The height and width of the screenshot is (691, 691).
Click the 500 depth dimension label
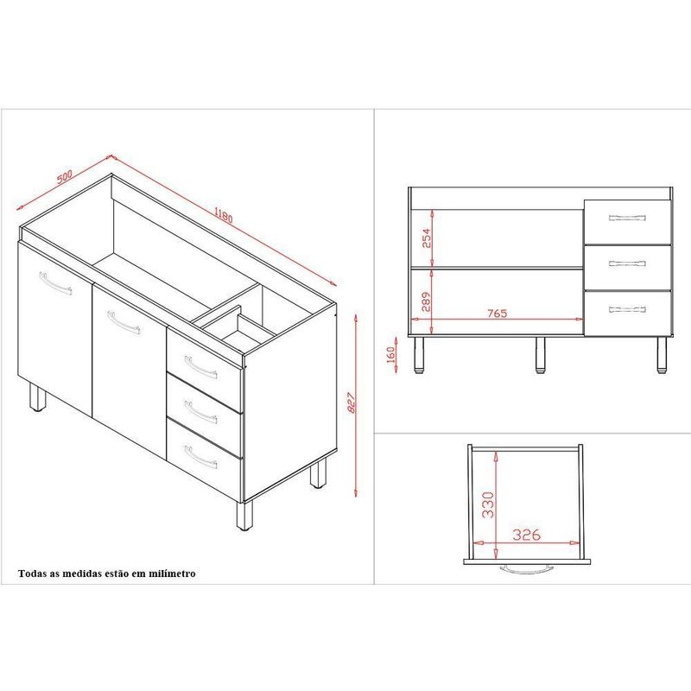(64, 176)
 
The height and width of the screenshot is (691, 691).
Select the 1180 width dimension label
(224, 214)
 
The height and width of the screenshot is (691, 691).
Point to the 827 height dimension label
(352, 403)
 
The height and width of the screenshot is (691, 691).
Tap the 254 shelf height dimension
(427, 238)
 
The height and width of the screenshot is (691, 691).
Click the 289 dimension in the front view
(426, 301)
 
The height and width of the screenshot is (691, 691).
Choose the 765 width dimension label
(498, 314)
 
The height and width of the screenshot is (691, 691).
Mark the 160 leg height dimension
(390, 355)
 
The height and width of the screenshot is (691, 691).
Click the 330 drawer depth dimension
(487, 504)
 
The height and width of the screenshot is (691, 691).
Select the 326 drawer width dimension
(527, 535)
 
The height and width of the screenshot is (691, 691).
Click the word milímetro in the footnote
(172, 574)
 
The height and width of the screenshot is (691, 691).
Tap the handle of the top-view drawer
(527, 569)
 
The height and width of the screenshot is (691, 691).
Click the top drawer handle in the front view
(627, 218)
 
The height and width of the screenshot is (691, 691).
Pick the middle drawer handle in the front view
(627, 263)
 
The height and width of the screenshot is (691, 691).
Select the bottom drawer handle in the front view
(627, 309)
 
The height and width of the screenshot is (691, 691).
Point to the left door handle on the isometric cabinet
(55, 282)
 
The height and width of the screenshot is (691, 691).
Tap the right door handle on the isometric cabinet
(124, 322)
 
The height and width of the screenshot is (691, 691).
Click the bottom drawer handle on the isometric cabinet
(200, 457)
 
